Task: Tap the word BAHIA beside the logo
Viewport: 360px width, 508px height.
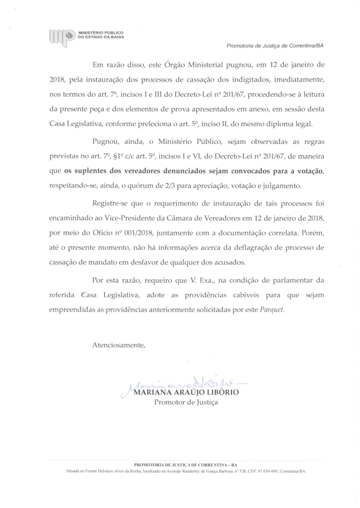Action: (115, 37)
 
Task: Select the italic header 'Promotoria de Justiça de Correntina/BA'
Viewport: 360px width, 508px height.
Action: (275, 46)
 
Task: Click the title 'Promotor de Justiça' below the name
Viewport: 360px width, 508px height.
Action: (186, 402)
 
